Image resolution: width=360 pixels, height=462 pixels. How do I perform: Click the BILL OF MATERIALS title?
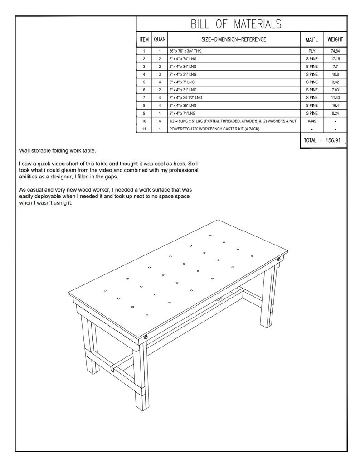[235, 24]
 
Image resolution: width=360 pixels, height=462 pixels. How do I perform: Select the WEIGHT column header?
[335, 39]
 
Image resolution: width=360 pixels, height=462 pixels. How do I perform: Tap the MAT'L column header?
[311, 39]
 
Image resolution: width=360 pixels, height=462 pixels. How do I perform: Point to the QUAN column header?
[160, 39]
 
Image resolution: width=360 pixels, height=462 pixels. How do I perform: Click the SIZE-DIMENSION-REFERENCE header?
[234, 39]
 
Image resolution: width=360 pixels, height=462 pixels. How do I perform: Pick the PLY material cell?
[311, 51]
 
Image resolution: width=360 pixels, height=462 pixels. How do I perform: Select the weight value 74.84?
[335, 51]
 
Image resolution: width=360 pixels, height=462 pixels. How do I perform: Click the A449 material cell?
[311, 121]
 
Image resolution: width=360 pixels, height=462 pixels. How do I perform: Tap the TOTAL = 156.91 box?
[323, 140]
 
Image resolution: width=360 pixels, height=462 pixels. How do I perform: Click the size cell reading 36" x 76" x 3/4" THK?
[186, 51]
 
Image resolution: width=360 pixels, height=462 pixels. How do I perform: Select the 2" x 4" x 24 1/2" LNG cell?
[185, 97]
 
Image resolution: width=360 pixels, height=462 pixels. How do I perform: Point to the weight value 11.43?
[335, 97]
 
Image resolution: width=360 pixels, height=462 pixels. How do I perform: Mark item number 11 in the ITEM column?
[143, 129]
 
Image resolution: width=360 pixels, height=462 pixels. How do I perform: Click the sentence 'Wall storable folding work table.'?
[58, 151]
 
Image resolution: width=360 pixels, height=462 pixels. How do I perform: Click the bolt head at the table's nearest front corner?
[146, 337]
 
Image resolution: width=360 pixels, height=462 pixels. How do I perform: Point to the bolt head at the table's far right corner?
[279, 259]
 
